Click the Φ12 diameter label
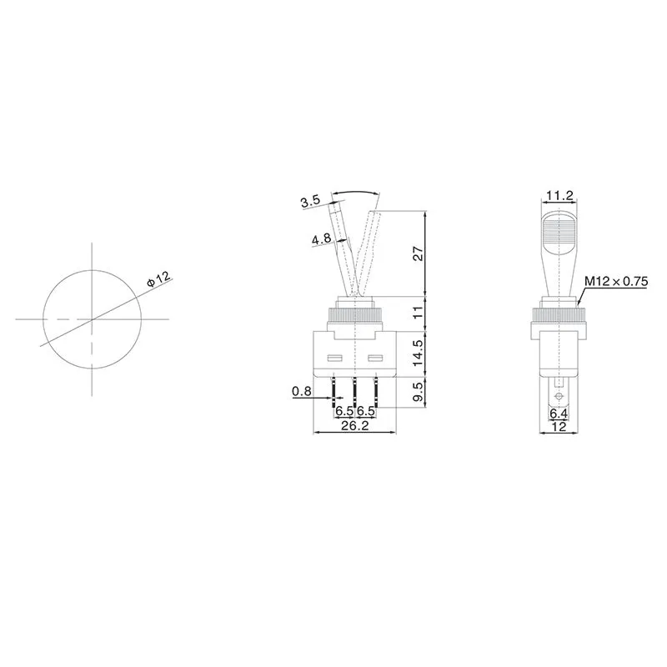click(158, 278)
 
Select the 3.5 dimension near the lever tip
click(310, 202)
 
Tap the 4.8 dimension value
click(321, 240)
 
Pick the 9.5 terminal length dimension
click(419, 391)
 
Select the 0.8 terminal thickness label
click(303, 391)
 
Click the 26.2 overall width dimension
click(355, 426)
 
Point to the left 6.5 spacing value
click(344, 412)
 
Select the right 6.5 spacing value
click(365, 412)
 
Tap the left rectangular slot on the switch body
click(336, 360)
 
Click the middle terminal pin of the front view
click(355, 389)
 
